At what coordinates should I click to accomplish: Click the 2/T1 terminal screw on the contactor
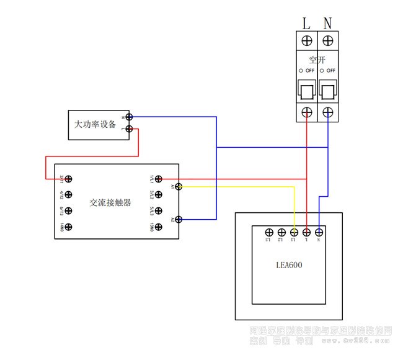coord(69,179)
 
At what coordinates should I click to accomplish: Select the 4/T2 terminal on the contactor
coord(69,195)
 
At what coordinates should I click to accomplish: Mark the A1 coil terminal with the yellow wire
coord(179,186)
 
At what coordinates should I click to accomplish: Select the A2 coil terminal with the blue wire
coord(179,219)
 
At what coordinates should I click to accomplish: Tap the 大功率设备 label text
coord(95,124)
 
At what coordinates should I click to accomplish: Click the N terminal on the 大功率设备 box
coord(130,116)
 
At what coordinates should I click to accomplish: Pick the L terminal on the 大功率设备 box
coord(130,129)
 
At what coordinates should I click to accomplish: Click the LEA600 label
coord(289,265)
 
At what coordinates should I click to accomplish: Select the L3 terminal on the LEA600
coord(268,232)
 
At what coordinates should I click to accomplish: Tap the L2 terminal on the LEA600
coord(281,232)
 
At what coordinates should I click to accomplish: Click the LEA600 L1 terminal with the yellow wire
coord(294,232)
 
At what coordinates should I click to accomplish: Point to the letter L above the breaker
coord(306,24)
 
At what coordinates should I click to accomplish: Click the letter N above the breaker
coord(328,24)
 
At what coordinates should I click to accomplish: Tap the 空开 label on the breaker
coord(317,60)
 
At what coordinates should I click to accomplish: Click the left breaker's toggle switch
coord(306,91)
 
